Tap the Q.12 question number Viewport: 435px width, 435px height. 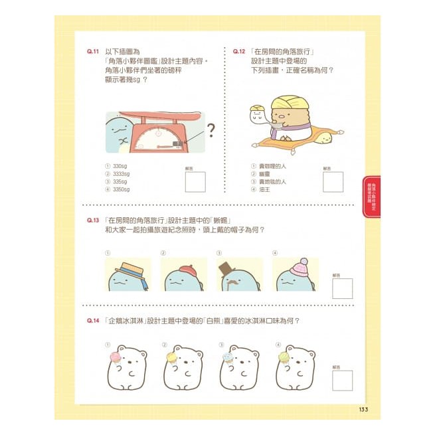click(240, 51)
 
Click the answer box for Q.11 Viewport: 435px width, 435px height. click(195, 181)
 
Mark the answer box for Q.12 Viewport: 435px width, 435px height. click(333, 181)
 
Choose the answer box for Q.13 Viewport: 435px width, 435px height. click(343, 287)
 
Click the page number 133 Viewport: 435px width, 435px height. click(363, 408)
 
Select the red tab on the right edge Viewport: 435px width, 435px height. click(372, 196)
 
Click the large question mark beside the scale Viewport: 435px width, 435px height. click(211, 128)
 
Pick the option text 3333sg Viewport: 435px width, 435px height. click(122, 173)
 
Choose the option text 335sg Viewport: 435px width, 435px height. click(120, 181)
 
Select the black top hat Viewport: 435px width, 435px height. click(226, 267)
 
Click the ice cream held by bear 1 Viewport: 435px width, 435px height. click(115, 357)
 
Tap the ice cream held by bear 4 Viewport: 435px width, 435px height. click(284, 357)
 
